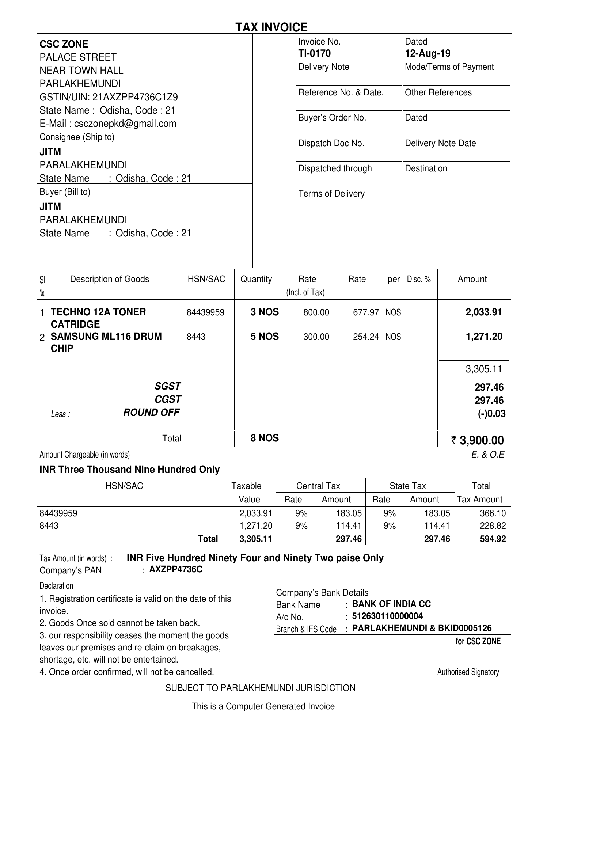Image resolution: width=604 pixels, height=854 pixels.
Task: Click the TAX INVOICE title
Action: point(271,27)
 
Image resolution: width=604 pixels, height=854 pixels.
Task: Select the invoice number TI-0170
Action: point(314,53)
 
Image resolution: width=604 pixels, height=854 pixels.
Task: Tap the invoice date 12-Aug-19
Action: point(428,53)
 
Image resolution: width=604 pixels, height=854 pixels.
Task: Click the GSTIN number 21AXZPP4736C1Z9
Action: point(135,97)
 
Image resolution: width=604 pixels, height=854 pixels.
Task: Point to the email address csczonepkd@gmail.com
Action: point(125,124)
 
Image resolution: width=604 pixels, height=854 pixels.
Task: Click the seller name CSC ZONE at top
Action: point(64,44)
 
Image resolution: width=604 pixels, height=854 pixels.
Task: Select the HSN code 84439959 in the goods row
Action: point(205,312)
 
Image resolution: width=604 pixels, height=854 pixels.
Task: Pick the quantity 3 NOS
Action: point(265,312)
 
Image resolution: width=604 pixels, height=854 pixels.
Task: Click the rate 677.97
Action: point(366,312)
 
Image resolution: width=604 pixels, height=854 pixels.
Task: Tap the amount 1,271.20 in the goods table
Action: point(483,337)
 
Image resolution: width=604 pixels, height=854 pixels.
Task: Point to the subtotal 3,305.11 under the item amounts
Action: point(483,369)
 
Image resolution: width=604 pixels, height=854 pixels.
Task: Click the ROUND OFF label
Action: point(151,413)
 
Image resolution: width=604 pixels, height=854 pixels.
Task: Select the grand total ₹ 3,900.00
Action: point(478,440)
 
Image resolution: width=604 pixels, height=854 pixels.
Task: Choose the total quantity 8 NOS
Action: point(265,438)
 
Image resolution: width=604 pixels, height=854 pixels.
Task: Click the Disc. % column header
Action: point(419,279)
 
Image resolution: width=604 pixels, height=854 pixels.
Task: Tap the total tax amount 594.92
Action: point(493,539)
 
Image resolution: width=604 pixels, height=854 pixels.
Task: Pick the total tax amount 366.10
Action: point(493,513)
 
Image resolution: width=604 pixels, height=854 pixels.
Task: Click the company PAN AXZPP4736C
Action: point(175,569)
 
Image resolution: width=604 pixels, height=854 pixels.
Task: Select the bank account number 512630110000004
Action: point(387,616)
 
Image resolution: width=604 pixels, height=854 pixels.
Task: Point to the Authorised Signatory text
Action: point(468,672)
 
